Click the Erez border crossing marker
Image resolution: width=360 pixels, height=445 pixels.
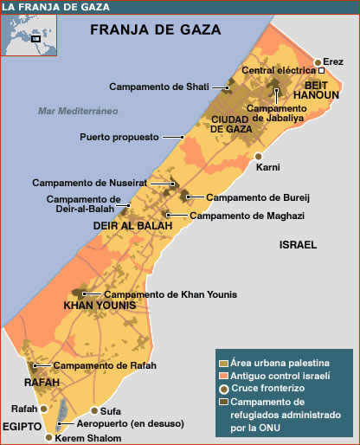[318, 62]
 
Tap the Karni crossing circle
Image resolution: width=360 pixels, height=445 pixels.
[258, 156]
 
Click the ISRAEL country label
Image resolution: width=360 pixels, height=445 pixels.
[298, 246]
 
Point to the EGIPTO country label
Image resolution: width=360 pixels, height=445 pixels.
[22, 427]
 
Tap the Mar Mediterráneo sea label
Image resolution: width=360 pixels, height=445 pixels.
[77, 111]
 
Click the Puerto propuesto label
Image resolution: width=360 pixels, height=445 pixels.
[119, 137]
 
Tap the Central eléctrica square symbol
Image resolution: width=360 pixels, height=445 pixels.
[322, 71]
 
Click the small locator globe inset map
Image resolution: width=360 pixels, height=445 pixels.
[25, 35]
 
